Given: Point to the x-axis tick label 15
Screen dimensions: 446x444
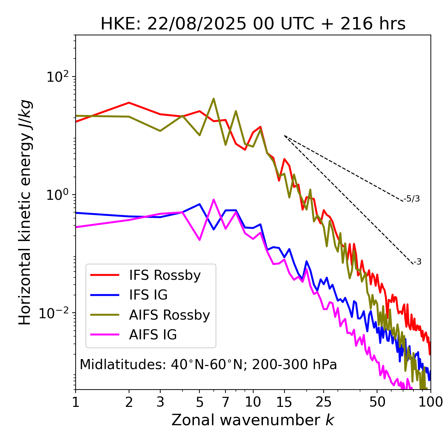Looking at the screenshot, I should click(284, 402).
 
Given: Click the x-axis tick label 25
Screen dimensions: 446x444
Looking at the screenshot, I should click(324, 402).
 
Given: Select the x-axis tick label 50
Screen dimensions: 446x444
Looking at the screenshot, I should click(377, 402).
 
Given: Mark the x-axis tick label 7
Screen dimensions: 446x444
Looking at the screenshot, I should click(225, 402).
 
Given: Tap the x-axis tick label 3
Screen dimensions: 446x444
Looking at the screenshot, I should click(160, 402).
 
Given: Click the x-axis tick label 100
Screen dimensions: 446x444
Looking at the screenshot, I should click(430, 402).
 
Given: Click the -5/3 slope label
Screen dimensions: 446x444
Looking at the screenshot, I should click(412, 199).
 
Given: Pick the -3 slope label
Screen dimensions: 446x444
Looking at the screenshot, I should click(417, 262).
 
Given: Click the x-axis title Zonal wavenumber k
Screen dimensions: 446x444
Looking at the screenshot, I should click(253, 420).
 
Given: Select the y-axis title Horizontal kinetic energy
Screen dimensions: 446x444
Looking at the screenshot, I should click(25, 212).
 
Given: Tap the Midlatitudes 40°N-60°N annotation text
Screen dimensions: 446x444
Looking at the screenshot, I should click(208, 365).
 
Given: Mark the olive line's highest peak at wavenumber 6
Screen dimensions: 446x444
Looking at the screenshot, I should click(214, 99).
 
